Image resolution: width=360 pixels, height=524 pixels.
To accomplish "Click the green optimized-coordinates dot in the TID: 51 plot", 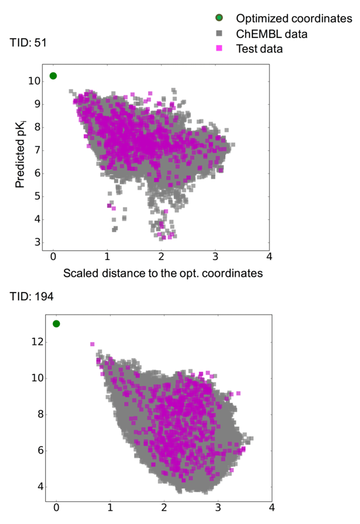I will tap(53, 76).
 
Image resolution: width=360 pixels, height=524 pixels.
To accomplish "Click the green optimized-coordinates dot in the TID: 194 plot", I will tap(56, 324).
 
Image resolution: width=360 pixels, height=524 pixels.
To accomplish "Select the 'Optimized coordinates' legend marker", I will tap(219, 18).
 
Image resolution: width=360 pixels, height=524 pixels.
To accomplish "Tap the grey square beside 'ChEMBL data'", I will tap(219, 33).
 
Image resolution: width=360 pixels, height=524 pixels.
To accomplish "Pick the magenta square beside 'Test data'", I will tap(219, 48).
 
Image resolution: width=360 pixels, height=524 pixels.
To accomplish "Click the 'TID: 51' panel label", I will tap(28, 43).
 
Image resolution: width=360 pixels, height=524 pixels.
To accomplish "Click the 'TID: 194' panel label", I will tap(32, 297).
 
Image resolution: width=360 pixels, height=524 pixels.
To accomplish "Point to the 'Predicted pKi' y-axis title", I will tap(21, 154).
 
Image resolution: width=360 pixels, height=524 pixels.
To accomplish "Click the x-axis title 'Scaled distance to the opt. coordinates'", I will tap(163, 273).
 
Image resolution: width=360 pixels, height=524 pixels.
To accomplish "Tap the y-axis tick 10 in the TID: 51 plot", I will tap(34, 81).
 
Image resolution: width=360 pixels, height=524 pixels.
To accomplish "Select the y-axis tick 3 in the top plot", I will tap(37, 242).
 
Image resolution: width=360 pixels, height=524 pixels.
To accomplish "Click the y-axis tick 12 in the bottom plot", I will tap(37, 342).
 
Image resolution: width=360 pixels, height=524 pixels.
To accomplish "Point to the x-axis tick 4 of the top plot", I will tap(269, 257).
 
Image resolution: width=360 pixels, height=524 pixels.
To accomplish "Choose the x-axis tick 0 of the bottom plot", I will tap(56, 507).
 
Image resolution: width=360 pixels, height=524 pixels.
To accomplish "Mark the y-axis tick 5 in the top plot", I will tap(37, 196).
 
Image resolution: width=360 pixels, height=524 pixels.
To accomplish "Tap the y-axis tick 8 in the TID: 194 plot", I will tap(40, 414).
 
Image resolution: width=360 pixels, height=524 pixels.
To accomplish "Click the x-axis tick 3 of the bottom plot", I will tap(218, 507).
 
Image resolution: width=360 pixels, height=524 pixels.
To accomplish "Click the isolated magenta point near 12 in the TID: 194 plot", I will tap(92, 344).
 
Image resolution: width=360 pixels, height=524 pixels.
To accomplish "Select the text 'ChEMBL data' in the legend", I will tap(271, 34).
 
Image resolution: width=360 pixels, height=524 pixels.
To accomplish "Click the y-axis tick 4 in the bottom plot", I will tap(40, 487).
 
